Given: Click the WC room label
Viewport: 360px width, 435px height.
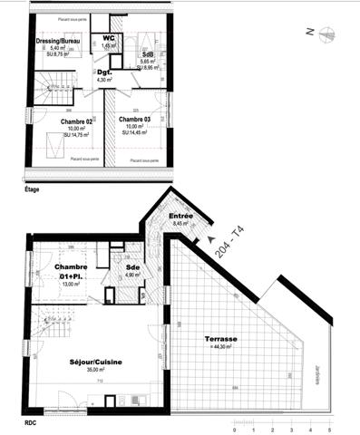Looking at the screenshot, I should (109, 37).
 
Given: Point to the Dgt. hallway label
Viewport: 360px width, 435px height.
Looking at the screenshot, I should (104, 72).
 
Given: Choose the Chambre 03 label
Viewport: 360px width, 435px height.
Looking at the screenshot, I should (134, 120).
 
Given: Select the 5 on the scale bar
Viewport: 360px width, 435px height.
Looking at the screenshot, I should (329, 430).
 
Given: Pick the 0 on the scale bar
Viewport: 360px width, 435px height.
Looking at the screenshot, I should (235, 430).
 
